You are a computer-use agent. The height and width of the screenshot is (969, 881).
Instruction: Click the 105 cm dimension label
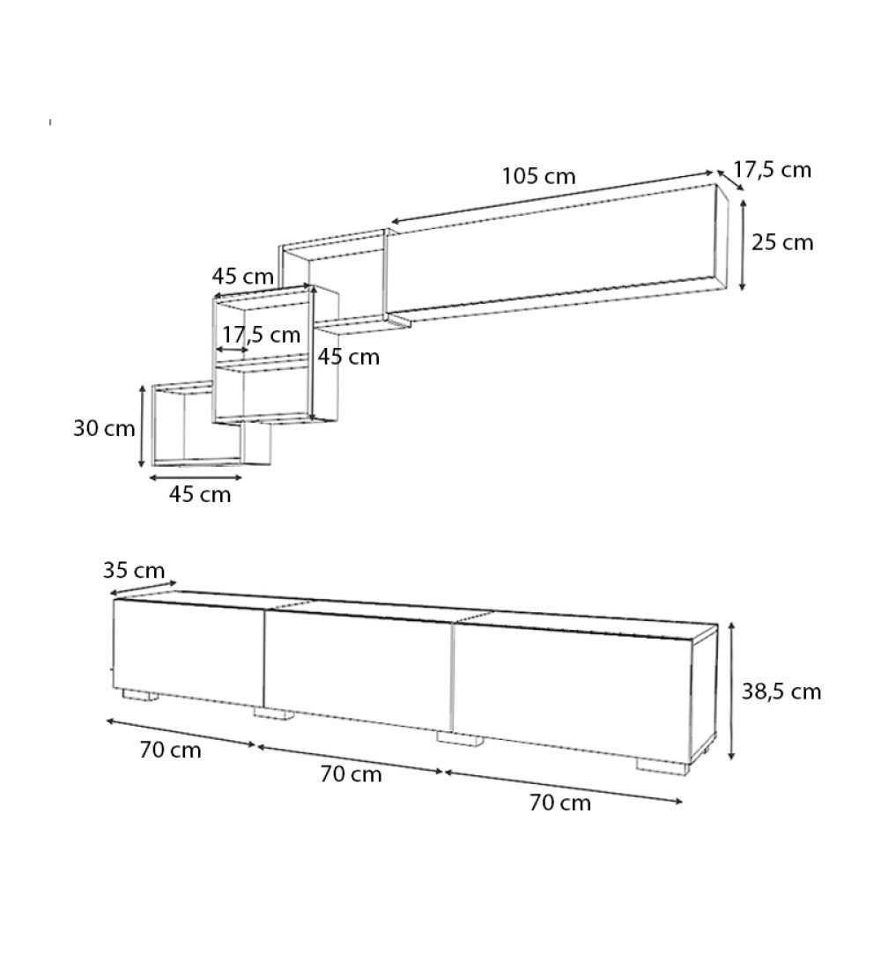point(538,176)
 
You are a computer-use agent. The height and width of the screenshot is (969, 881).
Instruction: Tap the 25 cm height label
point(782,242)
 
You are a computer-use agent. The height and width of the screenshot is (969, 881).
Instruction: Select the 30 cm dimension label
point(104,429)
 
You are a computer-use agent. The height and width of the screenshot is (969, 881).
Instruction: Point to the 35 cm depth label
point(134,569)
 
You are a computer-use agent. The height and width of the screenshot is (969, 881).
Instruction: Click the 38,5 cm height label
point(781,692)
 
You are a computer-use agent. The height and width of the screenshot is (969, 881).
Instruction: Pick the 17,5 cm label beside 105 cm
point(772,170)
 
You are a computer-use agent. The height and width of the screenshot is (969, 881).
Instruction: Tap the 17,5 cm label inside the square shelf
point(261,335)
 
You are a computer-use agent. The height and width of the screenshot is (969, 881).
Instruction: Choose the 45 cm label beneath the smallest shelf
point(200,494)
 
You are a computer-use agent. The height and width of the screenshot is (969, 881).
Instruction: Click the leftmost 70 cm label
point(170,751)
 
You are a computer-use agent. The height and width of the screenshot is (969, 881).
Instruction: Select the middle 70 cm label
point(351,774)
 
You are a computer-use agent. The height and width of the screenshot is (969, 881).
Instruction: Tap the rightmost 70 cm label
point(560,803)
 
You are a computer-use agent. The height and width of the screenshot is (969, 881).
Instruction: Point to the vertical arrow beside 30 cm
point(142,426)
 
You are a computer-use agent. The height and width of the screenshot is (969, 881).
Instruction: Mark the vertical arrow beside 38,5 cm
point(731,691)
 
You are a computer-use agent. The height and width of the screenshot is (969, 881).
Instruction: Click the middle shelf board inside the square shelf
point(261,361)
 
